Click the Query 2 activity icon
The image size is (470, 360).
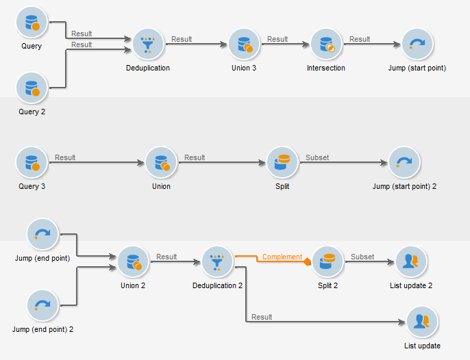coord(31,88)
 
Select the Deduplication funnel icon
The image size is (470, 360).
coord(148,44)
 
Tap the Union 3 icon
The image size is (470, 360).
coord(244,44)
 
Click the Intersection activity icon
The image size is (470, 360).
coord(326,44)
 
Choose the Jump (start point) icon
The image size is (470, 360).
coord(416,44)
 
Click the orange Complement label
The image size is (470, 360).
coord(282,257)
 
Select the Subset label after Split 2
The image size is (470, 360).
coord(362,257)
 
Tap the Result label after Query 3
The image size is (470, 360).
coord(65,158)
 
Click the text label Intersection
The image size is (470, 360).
coord(326,68)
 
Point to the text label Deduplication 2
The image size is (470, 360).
coord(218,285)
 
